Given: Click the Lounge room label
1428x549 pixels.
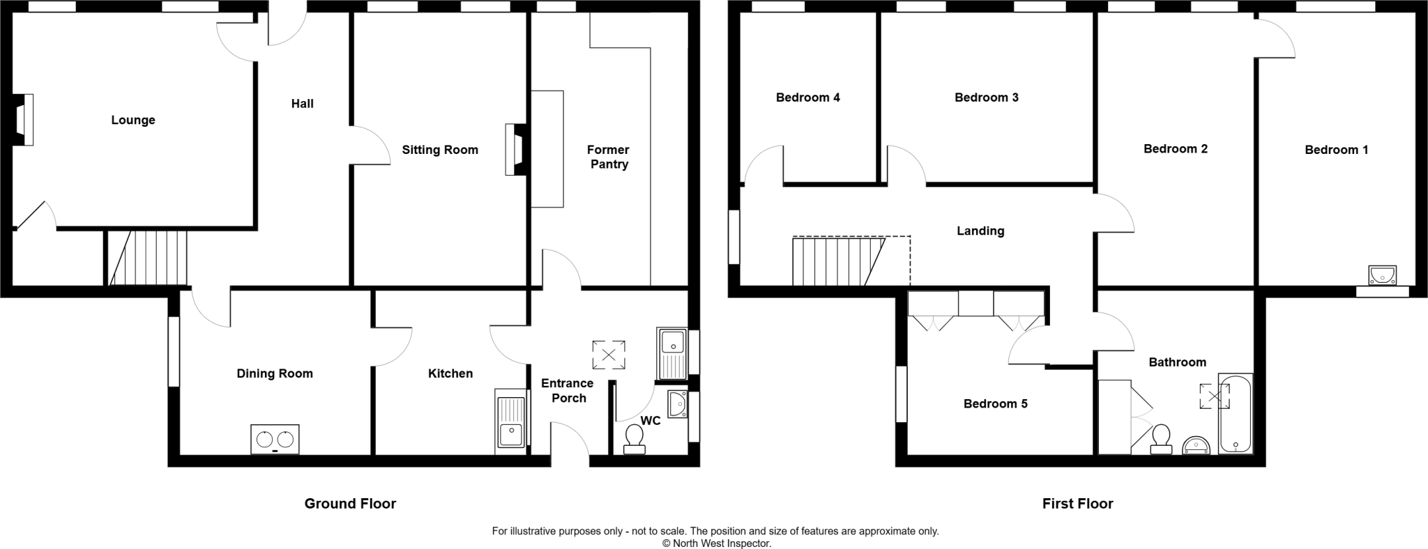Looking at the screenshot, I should pyautogui.click(x=133, y=121).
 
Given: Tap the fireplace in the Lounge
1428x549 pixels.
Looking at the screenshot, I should pyautogui.click(x=24, y=120).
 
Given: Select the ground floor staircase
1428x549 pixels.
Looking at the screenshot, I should pyautogui.click(x=148, y=258).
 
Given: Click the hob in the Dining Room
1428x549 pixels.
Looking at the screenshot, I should pyautogui.click(x=275, y=440).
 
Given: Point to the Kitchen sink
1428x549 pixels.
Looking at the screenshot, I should pyautogui.click(x=510, y=422).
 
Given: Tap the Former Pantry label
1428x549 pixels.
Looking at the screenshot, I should pyautogui.click(x=608, y=157).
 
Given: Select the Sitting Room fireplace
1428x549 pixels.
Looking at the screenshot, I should pyautogui.click(x=515, y=149).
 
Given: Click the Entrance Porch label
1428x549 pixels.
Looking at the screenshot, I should pyautogui.click(x=568, y=391).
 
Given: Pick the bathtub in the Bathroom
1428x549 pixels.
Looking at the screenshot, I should pyautogui.click(x=1235, y=414).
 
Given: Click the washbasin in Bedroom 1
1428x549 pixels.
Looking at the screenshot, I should pyautogui.click(x=1381, y=275).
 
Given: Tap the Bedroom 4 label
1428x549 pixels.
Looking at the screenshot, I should pyautogui.click(x=807, y=98).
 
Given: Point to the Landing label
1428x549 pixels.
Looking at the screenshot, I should pyautogui.click(x=980, y=231).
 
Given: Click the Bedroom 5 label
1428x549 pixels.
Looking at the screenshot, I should pyautogui.click(x=995, y=404).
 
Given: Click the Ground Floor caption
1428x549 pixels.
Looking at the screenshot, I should pyautogui.click(x=350, y=504).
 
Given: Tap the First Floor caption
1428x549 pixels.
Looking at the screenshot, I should pyautogui.click(x=1077, y=504).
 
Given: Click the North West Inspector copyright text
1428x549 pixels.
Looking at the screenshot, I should pyautogui.click(x=716, y=543).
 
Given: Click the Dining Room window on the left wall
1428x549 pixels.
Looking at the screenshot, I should pyautogui.click(x=174, y=351).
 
